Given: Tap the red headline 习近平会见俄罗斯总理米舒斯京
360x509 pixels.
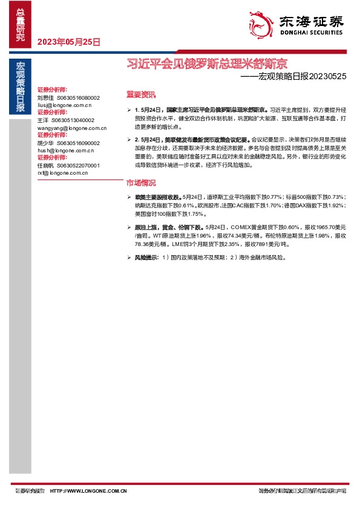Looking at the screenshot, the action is pos(206,63).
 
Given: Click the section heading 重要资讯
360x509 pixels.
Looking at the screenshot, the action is pos(140,94).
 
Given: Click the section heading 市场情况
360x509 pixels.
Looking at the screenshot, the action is pos(140,183).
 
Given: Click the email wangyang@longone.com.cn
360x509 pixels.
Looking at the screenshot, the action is pos(72,128).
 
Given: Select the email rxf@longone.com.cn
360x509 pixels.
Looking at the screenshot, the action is pos(63,173).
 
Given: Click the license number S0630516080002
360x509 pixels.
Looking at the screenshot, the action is pos(79,97).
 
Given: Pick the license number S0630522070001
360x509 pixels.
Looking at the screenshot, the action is pos(79,166).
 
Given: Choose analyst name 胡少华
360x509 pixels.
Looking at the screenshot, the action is pos(45,143).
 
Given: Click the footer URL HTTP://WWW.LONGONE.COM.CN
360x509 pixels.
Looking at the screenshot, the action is pos(88,491).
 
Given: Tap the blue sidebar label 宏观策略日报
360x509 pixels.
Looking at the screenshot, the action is pos(21,87).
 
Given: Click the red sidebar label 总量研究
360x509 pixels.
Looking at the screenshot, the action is pos(21,25).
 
